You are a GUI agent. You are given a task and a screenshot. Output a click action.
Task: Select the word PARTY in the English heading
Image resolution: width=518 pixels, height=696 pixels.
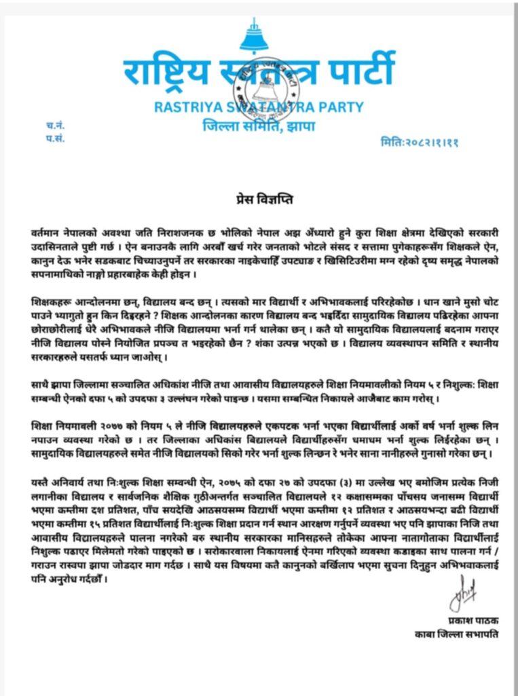click(x=339, y=107)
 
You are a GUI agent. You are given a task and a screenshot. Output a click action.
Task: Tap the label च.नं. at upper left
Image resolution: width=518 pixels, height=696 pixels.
click(x=56, y=125)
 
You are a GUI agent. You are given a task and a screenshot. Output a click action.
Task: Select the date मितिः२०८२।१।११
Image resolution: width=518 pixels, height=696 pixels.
click(x=420, y=143)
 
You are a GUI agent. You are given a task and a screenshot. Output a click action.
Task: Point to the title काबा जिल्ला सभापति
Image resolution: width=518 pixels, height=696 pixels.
click(x=451, y=635)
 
